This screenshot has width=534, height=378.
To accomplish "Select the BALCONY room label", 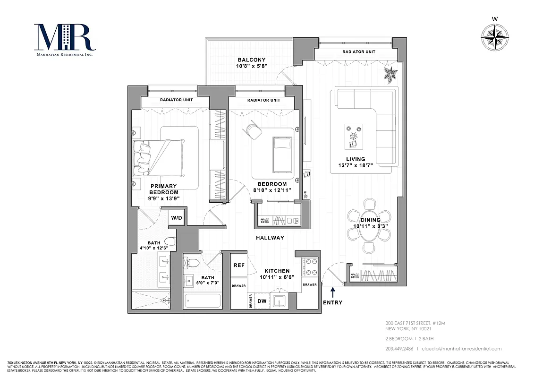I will [x=251, y=60].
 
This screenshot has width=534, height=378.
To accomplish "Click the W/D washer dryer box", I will [x=177, y=218].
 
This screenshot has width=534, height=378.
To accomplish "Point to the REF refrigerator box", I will [x=238, y=266].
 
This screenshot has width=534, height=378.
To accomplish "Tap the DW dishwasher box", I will [x=261, y=301].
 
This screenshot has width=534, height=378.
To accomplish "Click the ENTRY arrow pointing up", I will [x=333, y=292].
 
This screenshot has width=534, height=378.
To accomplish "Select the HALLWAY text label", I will [x=270, y=238].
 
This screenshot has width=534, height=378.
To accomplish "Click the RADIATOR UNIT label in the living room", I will [x=359, y=52].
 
